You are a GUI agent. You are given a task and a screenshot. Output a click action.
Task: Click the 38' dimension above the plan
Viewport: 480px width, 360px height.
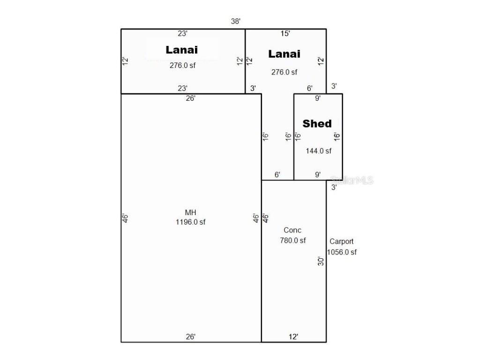coord(236,21)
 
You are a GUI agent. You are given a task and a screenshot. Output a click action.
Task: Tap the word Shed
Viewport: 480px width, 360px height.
coord(317,123)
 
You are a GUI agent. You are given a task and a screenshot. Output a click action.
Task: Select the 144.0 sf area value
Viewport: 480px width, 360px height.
coord(319,150)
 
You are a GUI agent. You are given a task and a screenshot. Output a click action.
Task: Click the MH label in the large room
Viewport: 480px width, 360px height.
coord(190,212)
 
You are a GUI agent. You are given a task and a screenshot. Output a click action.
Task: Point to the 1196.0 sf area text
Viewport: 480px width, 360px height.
coord(190,222)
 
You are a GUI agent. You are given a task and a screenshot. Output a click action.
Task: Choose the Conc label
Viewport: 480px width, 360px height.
coord(292,230)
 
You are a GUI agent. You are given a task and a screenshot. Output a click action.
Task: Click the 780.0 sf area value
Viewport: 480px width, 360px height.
coord(293,240)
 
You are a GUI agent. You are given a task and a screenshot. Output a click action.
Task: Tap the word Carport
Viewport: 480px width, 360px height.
coord(341,241)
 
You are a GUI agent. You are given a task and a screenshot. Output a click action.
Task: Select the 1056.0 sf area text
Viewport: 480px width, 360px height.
coord(342,252)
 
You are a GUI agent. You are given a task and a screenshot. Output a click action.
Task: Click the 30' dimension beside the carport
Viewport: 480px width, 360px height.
coord(321,261)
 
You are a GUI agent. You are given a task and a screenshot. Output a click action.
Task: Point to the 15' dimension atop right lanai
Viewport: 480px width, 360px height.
coord(285,33)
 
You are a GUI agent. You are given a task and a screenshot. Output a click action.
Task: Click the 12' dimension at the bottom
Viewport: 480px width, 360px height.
coord(293,337)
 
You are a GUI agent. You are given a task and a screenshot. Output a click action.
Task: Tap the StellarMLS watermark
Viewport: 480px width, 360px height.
coord(352,180)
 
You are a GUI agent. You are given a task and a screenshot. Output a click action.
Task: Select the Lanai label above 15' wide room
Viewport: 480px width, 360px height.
coord(285,54)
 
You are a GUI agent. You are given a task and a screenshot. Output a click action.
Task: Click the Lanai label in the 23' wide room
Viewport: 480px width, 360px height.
coord(182,50)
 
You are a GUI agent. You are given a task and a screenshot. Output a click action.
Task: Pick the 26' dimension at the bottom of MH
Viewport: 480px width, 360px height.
coord(191,337)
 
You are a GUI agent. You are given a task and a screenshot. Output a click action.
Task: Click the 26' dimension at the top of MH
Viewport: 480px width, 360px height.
coord(191,98)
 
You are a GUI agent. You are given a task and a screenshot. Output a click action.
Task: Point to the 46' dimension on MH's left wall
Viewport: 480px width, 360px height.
coord(125,218)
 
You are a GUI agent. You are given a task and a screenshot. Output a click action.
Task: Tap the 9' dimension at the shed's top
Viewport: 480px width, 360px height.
coord(318,98)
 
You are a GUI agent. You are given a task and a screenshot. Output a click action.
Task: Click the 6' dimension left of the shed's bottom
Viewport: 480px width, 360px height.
coord(277,174)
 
